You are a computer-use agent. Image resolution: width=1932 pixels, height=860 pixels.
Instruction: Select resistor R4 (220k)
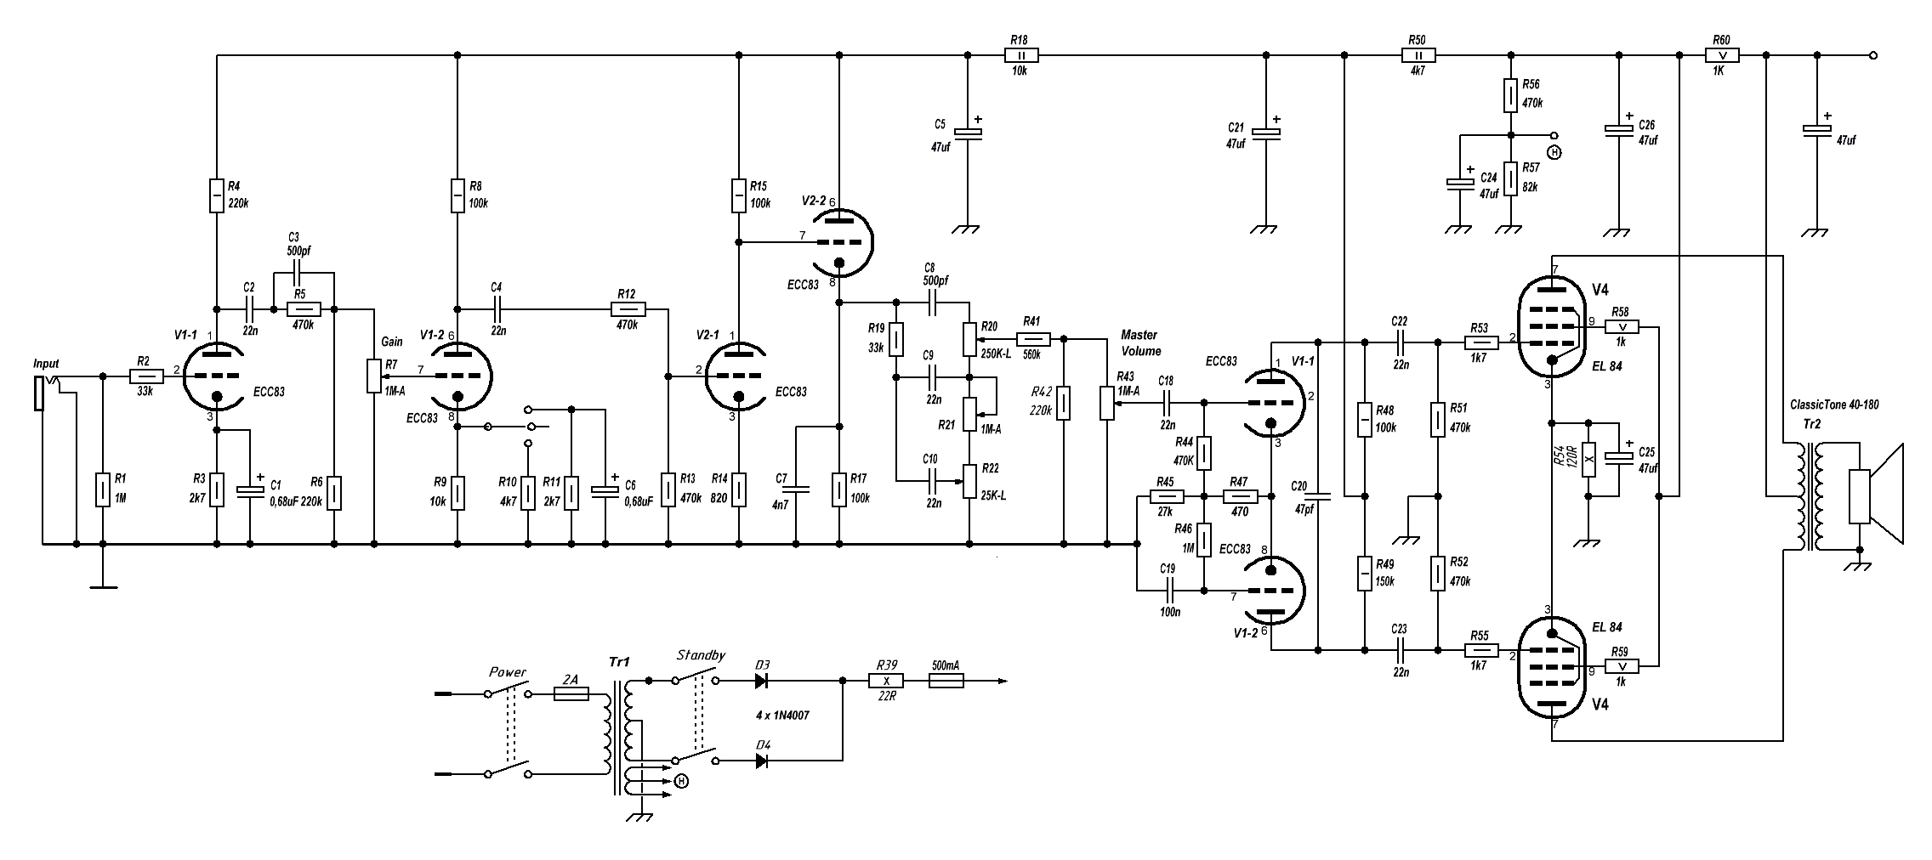click(x=217, y=195)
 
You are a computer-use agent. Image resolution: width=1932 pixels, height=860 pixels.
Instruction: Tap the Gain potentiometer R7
click(x=373, y=376)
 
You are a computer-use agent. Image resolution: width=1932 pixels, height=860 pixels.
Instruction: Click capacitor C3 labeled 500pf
click(x=296, y=273)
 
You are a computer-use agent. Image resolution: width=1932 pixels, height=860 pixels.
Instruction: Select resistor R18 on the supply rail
click(x=1021, y=55)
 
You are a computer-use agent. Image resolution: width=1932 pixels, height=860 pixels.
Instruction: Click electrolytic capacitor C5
click(x=967, y=133)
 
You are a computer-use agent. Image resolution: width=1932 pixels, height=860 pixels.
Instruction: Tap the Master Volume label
click(x=1140, y=342)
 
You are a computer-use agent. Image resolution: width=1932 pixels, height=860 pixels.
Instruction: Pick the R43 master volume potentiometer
click(x=1107, y=403)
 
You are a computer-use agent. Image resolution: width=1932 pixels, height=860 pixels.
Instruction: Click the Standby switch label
click(x=701, y=655)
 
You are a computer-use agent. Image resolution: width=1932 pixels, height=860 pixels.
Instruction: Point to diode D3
click(x=762, y=681)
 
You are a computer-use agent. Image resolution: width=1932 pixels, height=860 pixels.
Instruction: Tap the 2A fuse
click(x=571, y=694)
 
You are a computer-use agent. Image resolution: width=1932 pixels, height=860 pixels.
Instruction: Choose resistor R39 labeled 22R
click(x=885, y=681)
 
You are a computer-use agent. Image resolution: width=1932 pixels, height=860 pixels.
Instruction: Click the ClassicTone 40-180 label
click(x=1834, y=405)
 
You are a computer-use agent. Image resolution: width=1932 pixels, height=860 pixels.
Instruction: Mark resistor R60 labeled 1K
click(x=1722, y=55)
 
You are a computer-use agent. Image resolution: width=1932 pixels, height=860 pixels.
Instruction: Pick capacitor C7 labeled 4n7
click(x=797, y=489)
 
